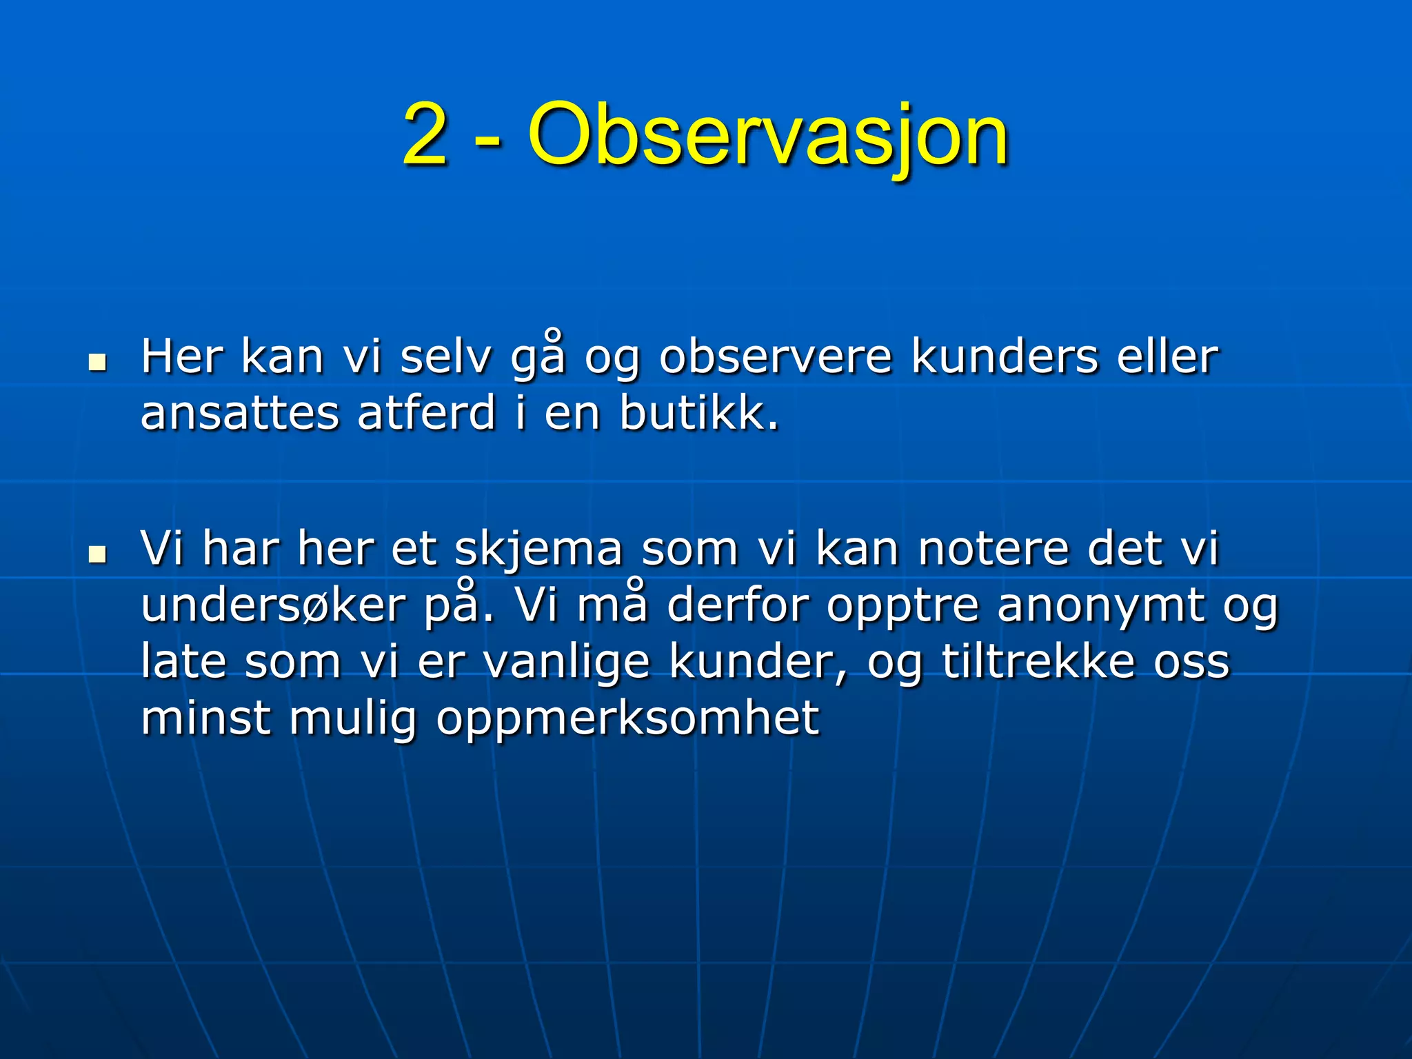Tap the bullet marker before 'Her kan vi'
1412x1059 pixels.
[98, 361]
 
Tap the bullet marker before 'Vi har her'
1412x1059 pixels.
[98, 553]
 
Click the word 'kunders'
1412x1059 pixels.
[1005, 358]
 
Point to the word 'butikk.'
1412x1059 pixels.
[698, 414]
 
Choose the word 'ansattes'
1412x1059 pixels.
[240, 414]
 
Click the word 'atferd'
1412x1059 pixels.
[427, 414]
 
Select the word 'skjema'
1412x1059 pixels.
[538, 550]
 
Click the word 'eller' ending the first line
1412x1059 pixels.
[1167, 358]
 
